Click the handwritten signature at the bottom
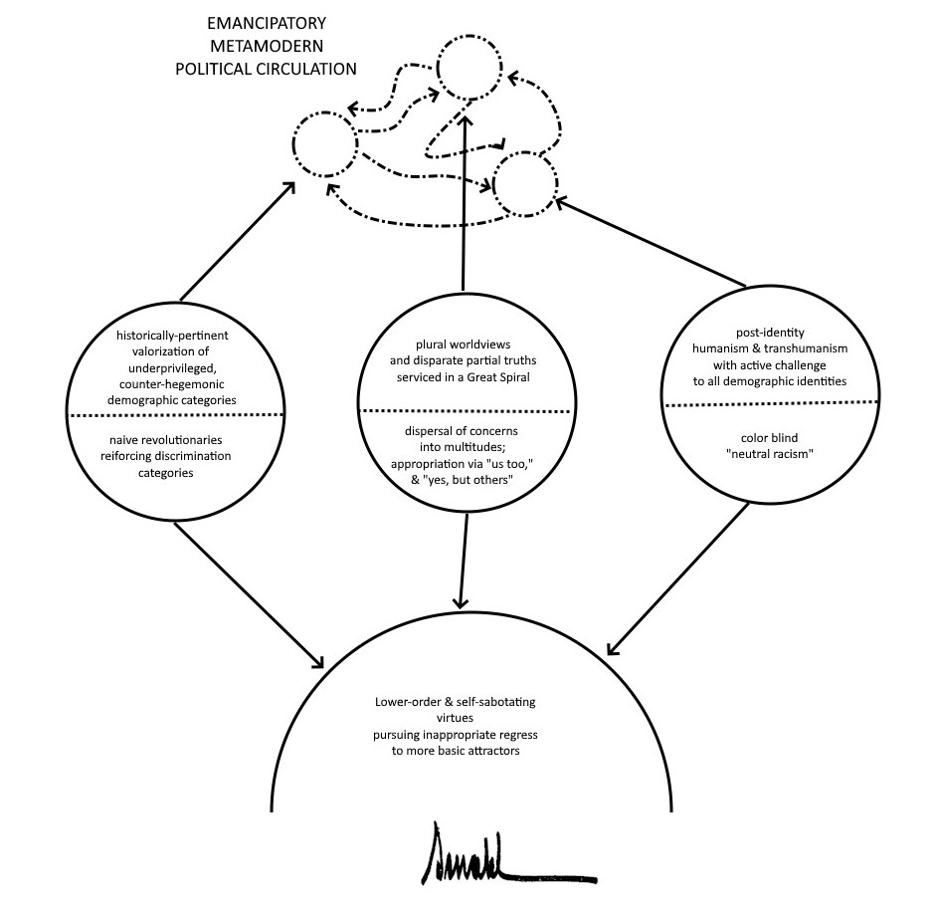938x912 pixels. click(x=470, y=852)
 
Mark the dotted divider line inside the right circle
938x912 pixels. click(x=772, y=403)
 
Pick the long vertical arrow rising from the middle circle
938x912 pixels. click(x=465, y=199)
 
